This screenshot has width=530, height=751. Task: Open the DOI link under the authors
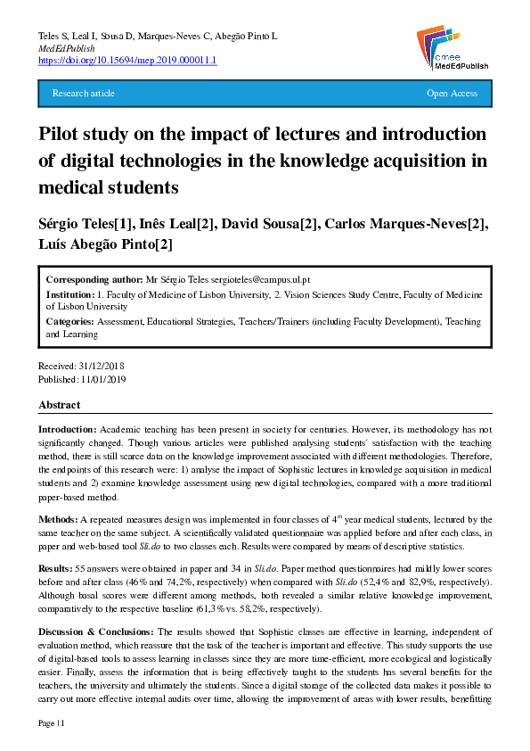click(127, 61)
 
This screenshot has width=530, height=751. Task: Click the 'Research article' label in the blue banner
click(84, 94)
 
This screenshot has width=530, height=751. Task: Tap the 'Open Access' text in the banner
click(452, 94)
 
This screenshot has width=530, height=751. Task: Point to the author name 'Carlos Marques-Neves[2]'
click(409, 224)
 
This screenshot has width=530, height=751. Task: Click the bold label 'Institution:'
click(70, 293)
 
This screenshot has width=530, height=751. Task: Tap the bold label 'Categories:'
click(69, 321)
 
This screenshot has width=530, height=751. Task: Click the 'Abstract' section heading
click(60, 405)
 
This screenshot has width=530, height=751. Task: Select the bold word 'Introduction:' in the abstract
click(68, 430)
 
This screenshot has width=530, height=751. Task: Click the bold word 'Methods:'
click(58, 519)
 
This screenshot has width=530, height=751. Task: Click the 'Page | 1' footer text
click(53, 723)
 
